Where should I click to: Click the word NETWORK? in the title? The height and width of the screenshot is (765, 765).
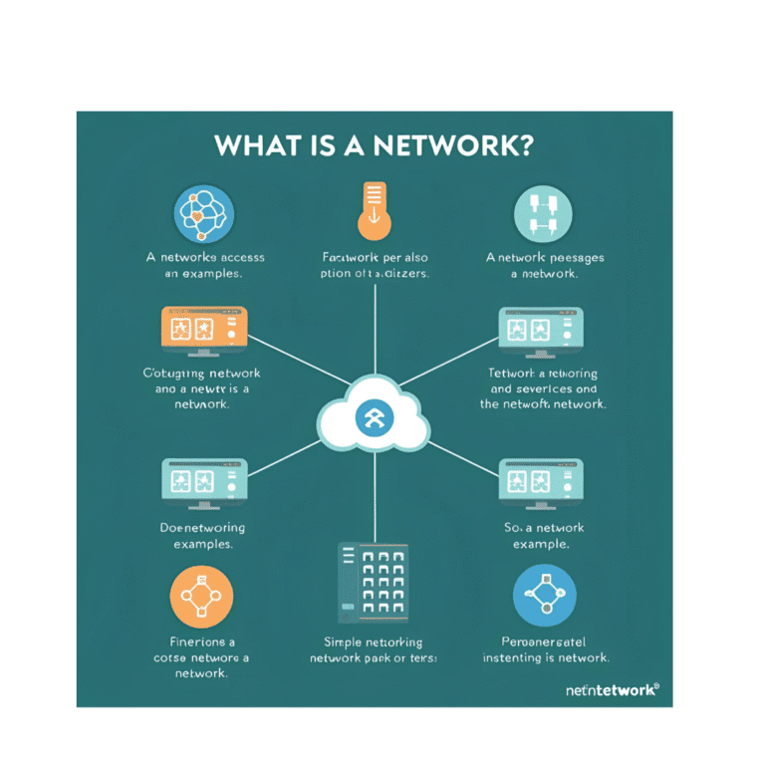[x=454, y=144]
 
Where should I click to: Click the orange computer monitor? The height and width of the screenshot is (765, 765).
[x=203, y=332]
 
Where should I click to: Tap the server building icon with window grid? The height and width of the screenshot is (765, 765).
[x=375, y=579]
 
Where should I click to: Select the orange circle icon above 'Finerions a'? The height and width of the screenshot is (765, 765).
[x=202, y=597]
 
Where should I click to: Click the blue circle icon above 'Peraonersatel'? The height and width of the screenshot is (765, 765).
[x=544, y=597]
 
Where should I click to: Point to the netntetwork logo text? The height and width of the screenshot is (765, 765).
[x=611, y=689]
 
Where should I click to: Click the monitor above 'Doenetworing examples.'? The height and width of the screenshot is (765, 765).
[x=203, y=484]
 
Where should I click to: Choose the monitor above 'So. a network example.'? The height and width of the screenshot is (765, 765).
[x=541, y=484]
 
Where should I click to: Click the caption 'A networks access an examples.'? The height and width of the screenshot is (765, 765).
[x=205, y=265]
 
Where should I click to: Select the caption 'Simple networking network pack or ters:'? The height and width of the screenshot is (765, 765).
[x=374, y=650]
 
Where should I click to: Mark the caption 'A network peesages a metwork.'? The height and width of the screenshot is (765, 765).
[x=544, y=265]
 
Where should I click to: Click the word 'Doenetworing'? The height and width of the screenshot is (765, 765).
[x=202, y=527]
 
